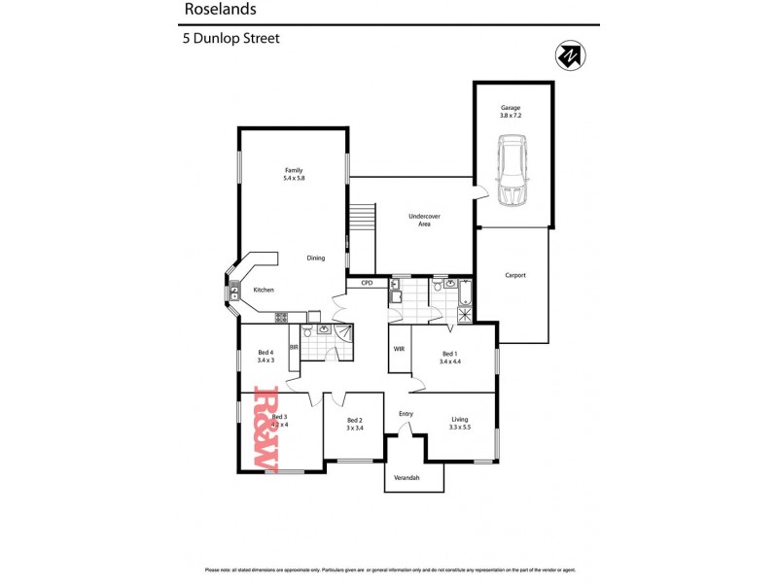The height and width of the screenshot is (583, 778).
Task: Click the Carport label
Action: click(x=515, y=275)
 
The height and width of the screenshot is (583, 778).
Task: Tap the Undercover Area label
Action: click(x=419, y=220)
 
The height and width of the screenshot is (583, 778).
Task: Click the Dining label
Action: click(x=316, y=257)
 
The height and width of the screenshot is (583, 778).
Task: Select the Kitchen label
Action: click(x=264, y=290)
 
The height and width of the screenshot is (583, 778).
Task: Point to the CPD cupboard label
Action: click(x=367, y=283)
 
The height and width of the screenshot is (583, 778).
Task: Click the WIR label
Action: click(x=399, y=348)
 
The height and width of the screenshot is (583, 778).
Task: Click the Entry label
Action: click(x=406, y=414)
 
